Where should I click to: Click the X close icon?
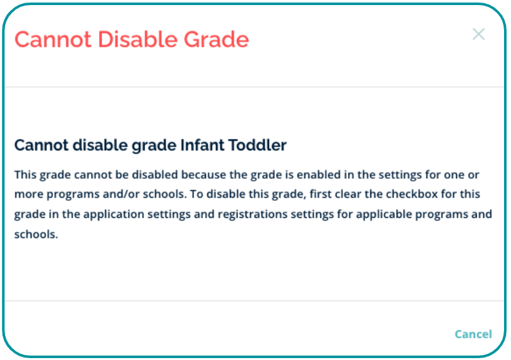pyautogui.click(x=478, y=34)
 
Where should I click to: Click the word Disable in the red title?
pyautogui.click(x=138, y=39)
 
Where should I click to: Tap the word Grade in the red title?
pyautogui.click(x=216, y=39)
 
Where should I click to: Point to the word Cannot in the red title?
pyautogui.click(x=53, y=39)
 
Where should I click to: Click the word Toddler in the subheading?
pyautogui.click(x=257, y=145)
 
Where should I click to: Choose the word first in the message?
pyautogui.click(x=319, y=194)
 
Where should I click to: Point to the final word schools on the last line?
pyautogui.click(x=36, y=234)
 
